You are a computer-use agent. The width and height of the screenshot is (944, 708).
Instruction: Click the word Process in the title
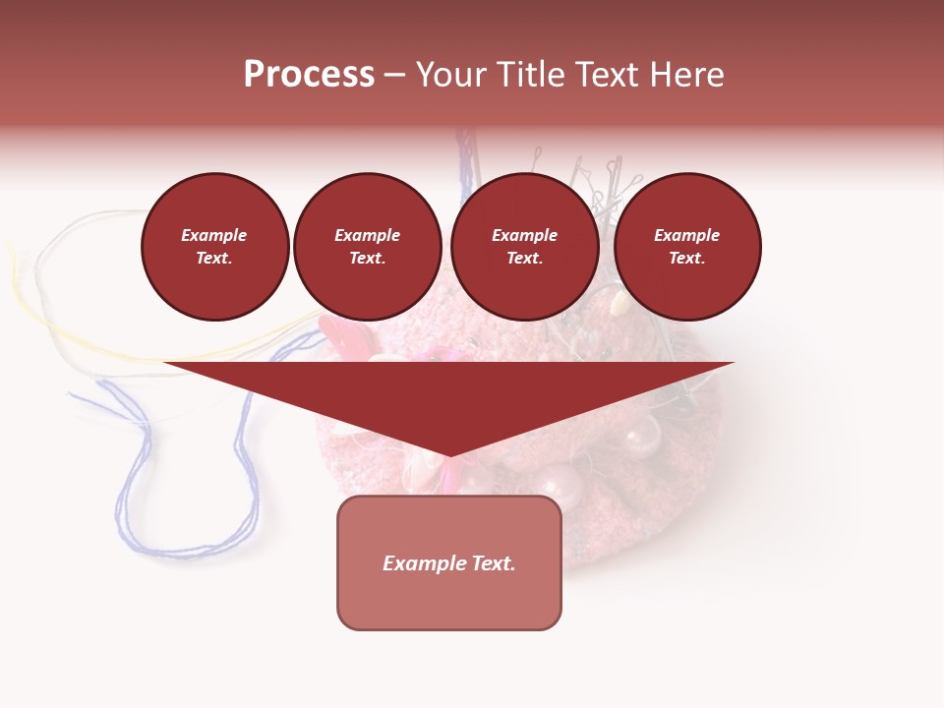(x=309, y=75)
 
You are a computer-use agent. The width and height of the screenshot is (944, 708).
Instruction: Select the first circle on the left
(x=214, y=247)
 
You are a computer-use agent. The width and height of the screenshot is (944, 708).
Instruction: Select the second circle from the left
(x=367, y=247)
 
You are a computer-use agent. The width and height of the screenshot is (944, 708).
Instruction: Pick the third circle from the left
(x=524, y=247)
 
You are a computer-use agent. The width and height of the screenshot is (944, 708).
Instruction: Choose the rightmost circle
(x=686, y=247)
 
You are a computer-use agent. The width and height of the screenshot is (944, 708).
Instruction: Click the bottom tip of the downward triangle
(x=449, y=454)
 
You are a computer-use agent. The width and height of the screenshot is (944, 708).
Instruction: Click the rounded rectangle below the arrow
(x=449, y=600)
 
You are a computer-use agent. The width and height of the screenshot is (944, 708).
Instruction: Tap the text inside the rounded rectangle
(x=449, y=563)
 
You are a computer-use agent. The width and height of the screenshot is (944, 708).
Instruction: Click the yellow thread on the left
(x=59, y=324)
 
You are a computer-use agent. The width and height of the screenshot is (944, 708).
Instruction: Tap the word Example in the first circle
(x=214, y=236)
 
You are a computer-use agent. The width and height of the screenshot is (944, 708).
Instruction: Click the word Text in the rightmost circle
(x=686, y=259)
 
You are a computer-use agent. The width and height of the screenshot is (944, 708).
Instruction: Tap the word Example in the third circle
(x=524, y=236)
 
